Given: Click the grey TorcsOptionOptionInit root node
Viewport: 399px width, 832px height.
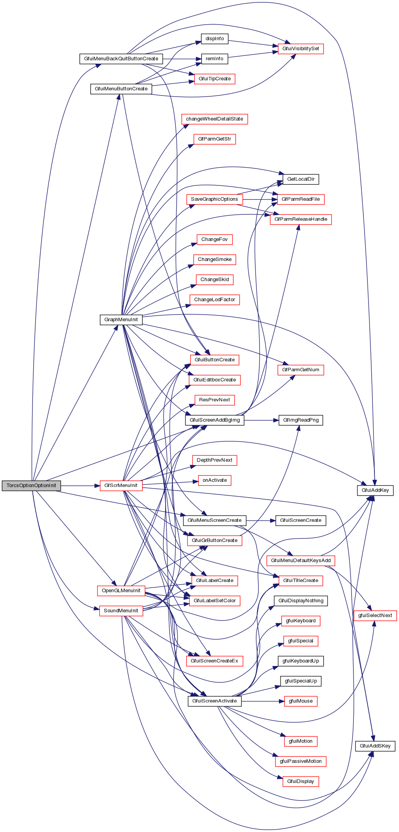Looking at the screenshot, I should point(31,486).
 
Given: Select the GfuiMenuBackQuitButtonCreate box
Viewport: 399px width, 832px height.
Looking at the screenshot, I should point(121,59).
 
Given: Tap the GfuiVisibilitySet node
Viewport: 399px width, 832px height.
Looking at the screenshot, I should point(300,49).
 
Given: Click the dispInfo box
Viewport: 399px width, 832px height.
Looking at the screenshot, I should point(214,39).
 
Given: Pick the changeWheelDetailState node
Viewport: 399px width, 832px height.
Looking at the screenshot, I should point(214,119).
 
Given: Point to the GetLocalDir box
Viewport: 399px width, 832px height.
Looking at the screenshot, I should point(300,179).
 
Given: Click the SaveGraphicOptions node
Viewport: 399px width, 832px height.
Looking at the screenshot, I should point(214,199).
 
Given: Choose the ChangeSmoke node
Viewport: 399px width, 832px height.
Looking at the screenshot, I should point(214,260).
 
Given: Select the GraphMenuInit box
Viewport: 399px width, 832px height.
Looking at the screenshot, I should point(121,320).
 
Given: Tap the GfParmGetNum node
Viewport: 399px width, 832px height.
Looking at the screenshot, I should point(300,370).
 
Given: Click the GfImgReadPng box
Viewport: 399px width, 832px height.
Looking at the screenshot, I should point(301,420).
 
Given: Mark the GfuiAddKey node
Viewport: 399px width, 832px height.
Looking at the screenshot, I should point(375,490).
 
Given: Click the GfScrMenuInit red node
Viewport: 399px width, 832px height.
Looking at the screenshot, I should point(121,486).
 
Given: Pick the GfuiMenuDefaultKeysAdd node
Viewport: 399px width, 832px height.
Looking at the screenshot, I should point(300,561).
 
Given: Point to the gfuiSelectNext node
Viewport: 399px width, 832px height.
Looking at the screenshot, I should point(375,616).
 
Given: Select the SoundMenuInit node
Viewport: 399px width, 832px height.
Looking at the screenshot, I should point(121,611).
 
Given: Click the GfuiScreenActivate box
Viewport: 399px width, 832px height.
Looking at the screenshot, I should point(214,701).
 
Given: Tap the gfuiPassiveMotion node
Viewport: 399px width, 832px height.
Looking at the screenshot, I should point(300,761).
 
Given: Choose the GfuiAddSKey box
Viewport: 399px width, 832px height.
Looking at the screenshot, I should point(375,746).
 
